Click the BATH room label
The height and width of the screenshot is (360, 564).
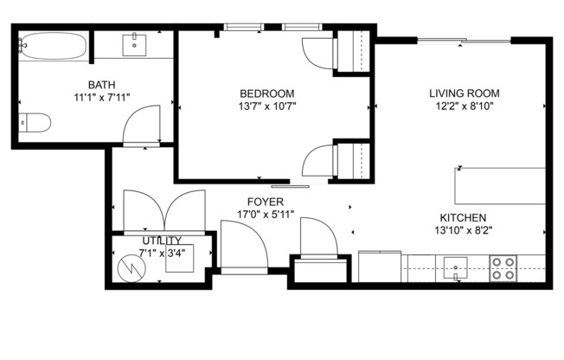coord(97,85)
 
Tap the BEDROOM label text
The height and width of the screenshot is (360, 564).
coord(267,93)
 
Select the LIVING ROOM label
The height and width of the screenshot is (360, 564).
coord(464,93)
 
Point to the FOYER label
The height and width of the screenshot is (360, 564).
coord(253,202)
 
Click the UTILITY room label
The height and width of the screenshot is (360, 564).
coord(162,241)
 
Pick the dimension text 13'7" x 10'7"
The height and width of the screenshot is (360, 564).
coord(267,107)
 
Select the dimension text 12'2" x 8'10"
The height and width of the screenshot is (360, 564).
coord(464,107)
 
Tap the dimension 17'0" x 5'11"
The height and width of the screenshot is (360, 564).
coord(253,215)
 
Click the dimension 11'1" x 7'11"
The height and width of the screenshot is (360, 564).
coord(97,98)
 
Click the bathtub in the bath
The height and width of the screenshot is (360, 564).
coord(51,44)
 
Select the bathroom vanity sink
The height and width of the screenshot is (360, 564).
coord(134,44)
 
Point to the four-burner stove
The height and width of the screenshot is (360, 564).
coord(503,267)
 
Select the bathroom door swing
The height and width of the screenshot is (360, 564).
coord(140,129)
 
